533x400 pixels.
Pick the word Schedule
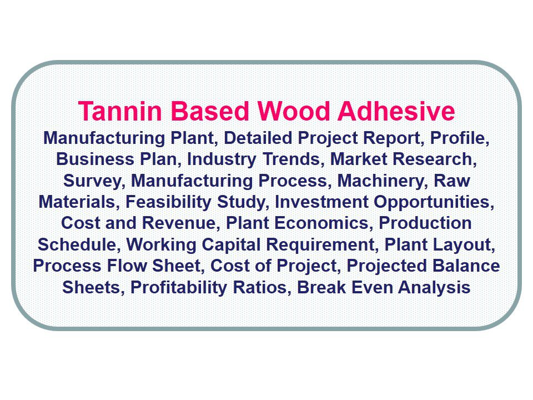pyautogui.click(x=78, y=245)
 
